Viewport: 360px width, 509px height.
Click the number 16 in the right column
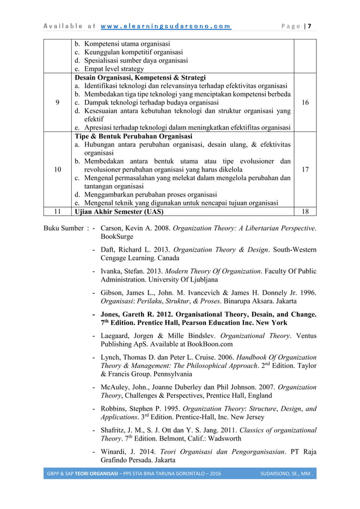pos(305,103)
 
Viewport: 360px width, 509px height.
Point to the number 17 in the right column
pos(305,169)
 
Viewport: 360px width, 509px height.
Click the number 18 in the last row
pos(305,212)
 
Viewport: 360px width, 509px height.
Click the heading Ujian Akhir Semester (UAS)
pos(120,212)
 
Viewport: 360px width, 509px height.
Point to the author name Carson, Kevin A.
pos(128,229)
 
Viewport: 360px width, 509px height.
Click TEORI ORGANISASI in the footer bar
pos(99,472)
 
